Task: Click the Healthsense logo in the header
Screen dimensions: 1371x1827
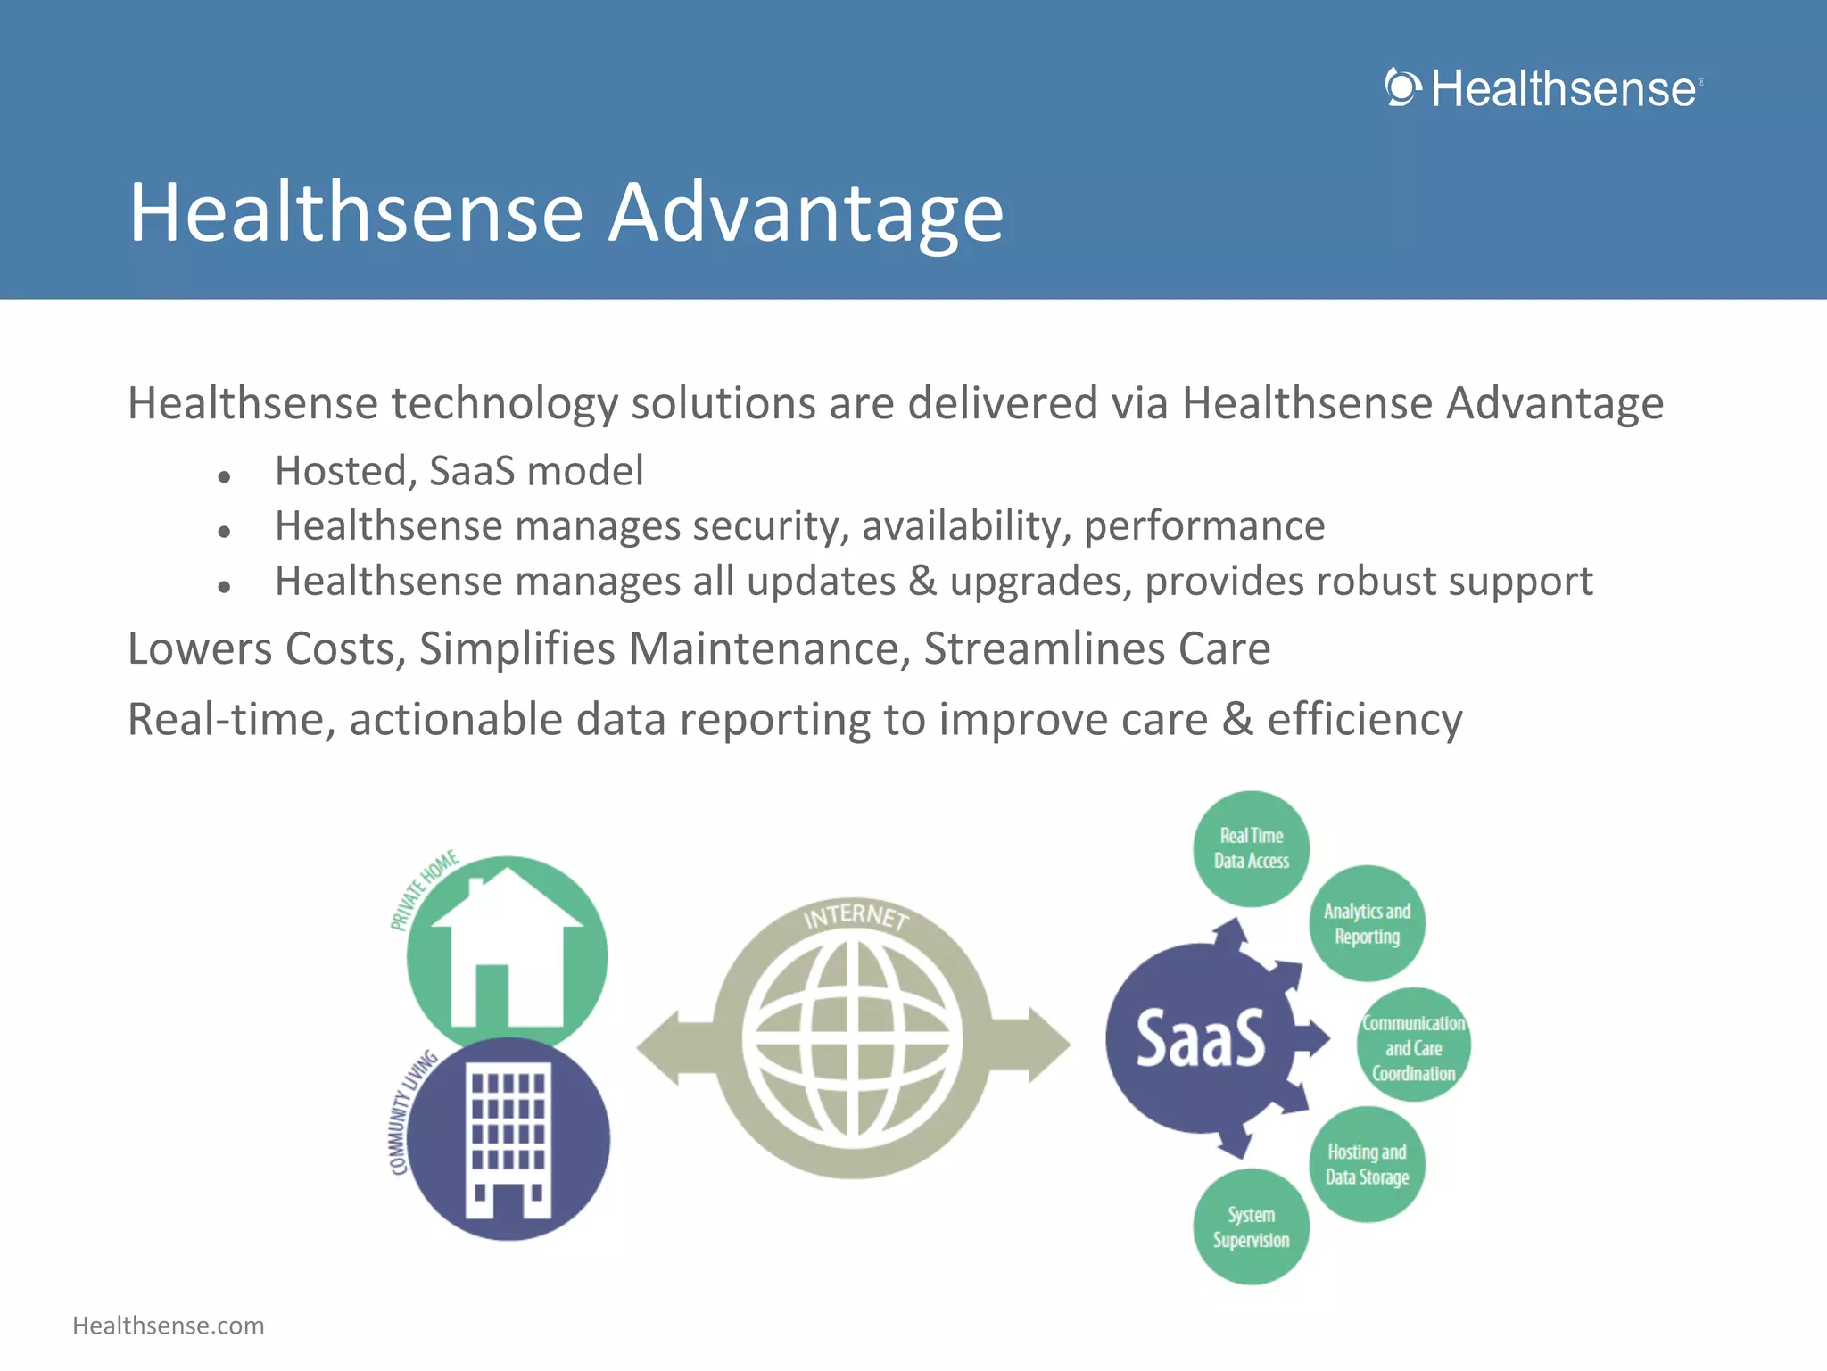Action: point(1543,89)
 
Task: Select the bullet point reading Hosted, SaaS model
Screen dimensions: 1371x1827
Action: point(459,471)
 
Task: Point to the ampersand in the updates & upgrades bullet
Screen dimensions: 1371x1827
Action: point(922,582)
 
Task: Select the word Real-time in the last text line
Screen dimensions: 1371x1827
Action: point(231,720)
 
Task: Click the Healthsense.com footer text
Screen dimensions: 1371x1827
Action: point(169,1326)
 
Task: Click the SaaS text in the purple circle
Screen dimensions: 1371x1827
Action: point(1200,1040)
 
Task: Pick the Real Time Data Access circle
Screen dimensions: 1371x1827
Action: point(1251,848)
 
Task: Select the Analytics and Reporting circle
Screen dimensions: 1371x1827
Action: point(1367,923)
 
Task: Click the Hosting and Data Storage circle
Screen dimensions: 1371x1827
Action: point(1367,1164)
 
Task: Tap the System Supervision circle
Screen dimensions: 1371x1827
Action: point(1251,1227)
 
